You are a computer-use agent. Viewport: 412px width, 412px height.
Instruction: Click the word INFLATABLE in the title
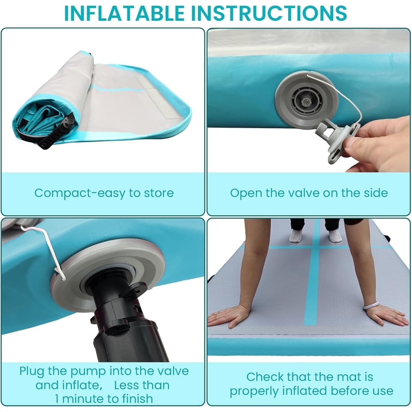coord(124,13)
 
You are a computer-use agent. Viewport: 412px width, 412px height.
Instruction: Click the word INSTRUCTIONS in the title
coord(270,13)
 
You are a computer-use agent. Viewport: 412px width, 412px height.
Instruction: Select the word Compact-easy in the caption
coord(80,193)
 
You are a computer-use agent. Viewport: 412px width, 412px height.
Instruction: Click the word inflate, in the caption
coord(69,386)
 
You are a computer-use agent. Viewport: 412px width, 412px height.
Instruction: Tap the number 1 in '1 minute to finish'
coord(57,399)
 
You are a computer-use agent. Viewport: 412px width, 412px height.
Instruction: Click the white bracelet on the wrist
coord(371,305)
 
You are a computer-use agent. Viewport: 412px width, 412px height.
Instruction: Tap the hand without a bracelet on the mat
coord(228,317)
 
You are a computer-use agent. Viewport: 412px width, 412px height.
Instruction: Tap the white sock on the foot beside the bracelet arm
coord(335,235)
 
